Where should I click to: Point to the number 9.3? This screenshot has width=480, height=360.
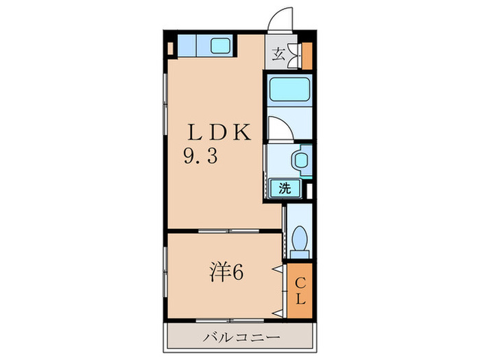(x=200, y=158)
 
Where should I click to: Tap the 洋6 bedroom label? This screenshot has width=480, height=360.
(x=226, y=273)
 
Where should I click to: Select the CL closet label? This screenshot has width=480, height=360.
(x=300, y=289)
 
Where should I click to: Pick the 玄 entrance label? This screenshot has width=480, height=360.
(x=278, y=56)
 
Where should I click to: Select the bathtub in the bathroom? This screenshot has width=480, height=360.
(x=289, y=90)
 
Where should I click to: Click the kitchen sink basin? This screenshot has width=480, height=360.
(x=220, y=46)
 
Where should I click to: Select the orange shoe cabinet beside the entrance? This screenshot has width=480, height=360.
(x=306, y=56)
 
